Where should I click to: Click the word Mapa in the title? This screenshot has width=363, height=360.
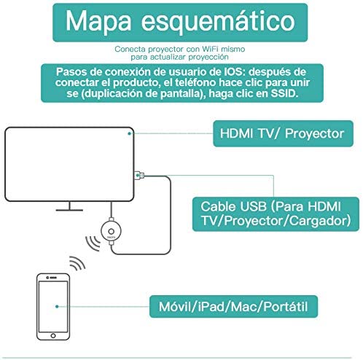pos(98,22)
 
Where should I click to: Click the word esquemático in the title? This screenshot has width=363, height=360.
pos(218,21)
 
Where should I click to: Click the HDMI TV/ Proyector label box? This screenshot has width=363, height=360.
pos(283,133)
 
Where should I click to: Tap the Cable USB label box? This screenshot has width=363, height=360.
pos(276,214)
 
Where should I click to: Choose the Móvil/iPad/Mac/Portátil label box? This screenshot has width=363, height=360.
pos(233,307)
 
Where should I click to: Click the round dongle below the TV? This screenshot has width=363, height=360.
pos(111,231)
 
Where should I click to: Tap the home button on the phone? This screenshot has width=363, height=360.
pos(53,336)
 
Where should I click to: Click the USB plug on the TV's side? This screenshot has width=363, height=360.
pos(139,176)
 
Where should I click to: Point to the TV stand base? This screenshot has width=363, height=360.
pos(69,210)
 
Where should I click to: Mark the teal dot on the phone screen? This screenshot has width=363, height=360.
pos(57,307)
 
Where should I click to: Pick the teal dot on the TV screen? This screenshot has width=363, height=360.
pos(130,133)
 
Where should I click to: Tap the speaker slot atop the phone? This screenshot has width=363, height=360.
pos(53,278)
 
